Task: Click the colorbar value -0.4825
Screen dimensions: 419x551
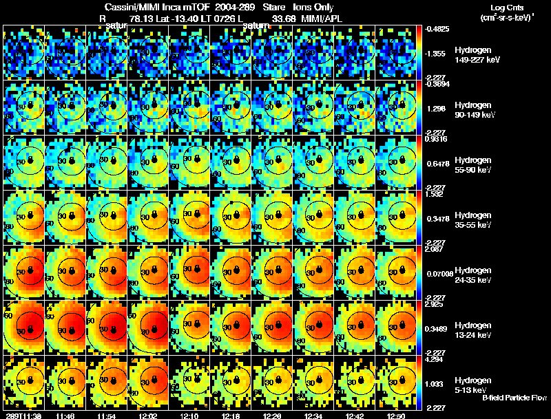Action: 439,29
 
